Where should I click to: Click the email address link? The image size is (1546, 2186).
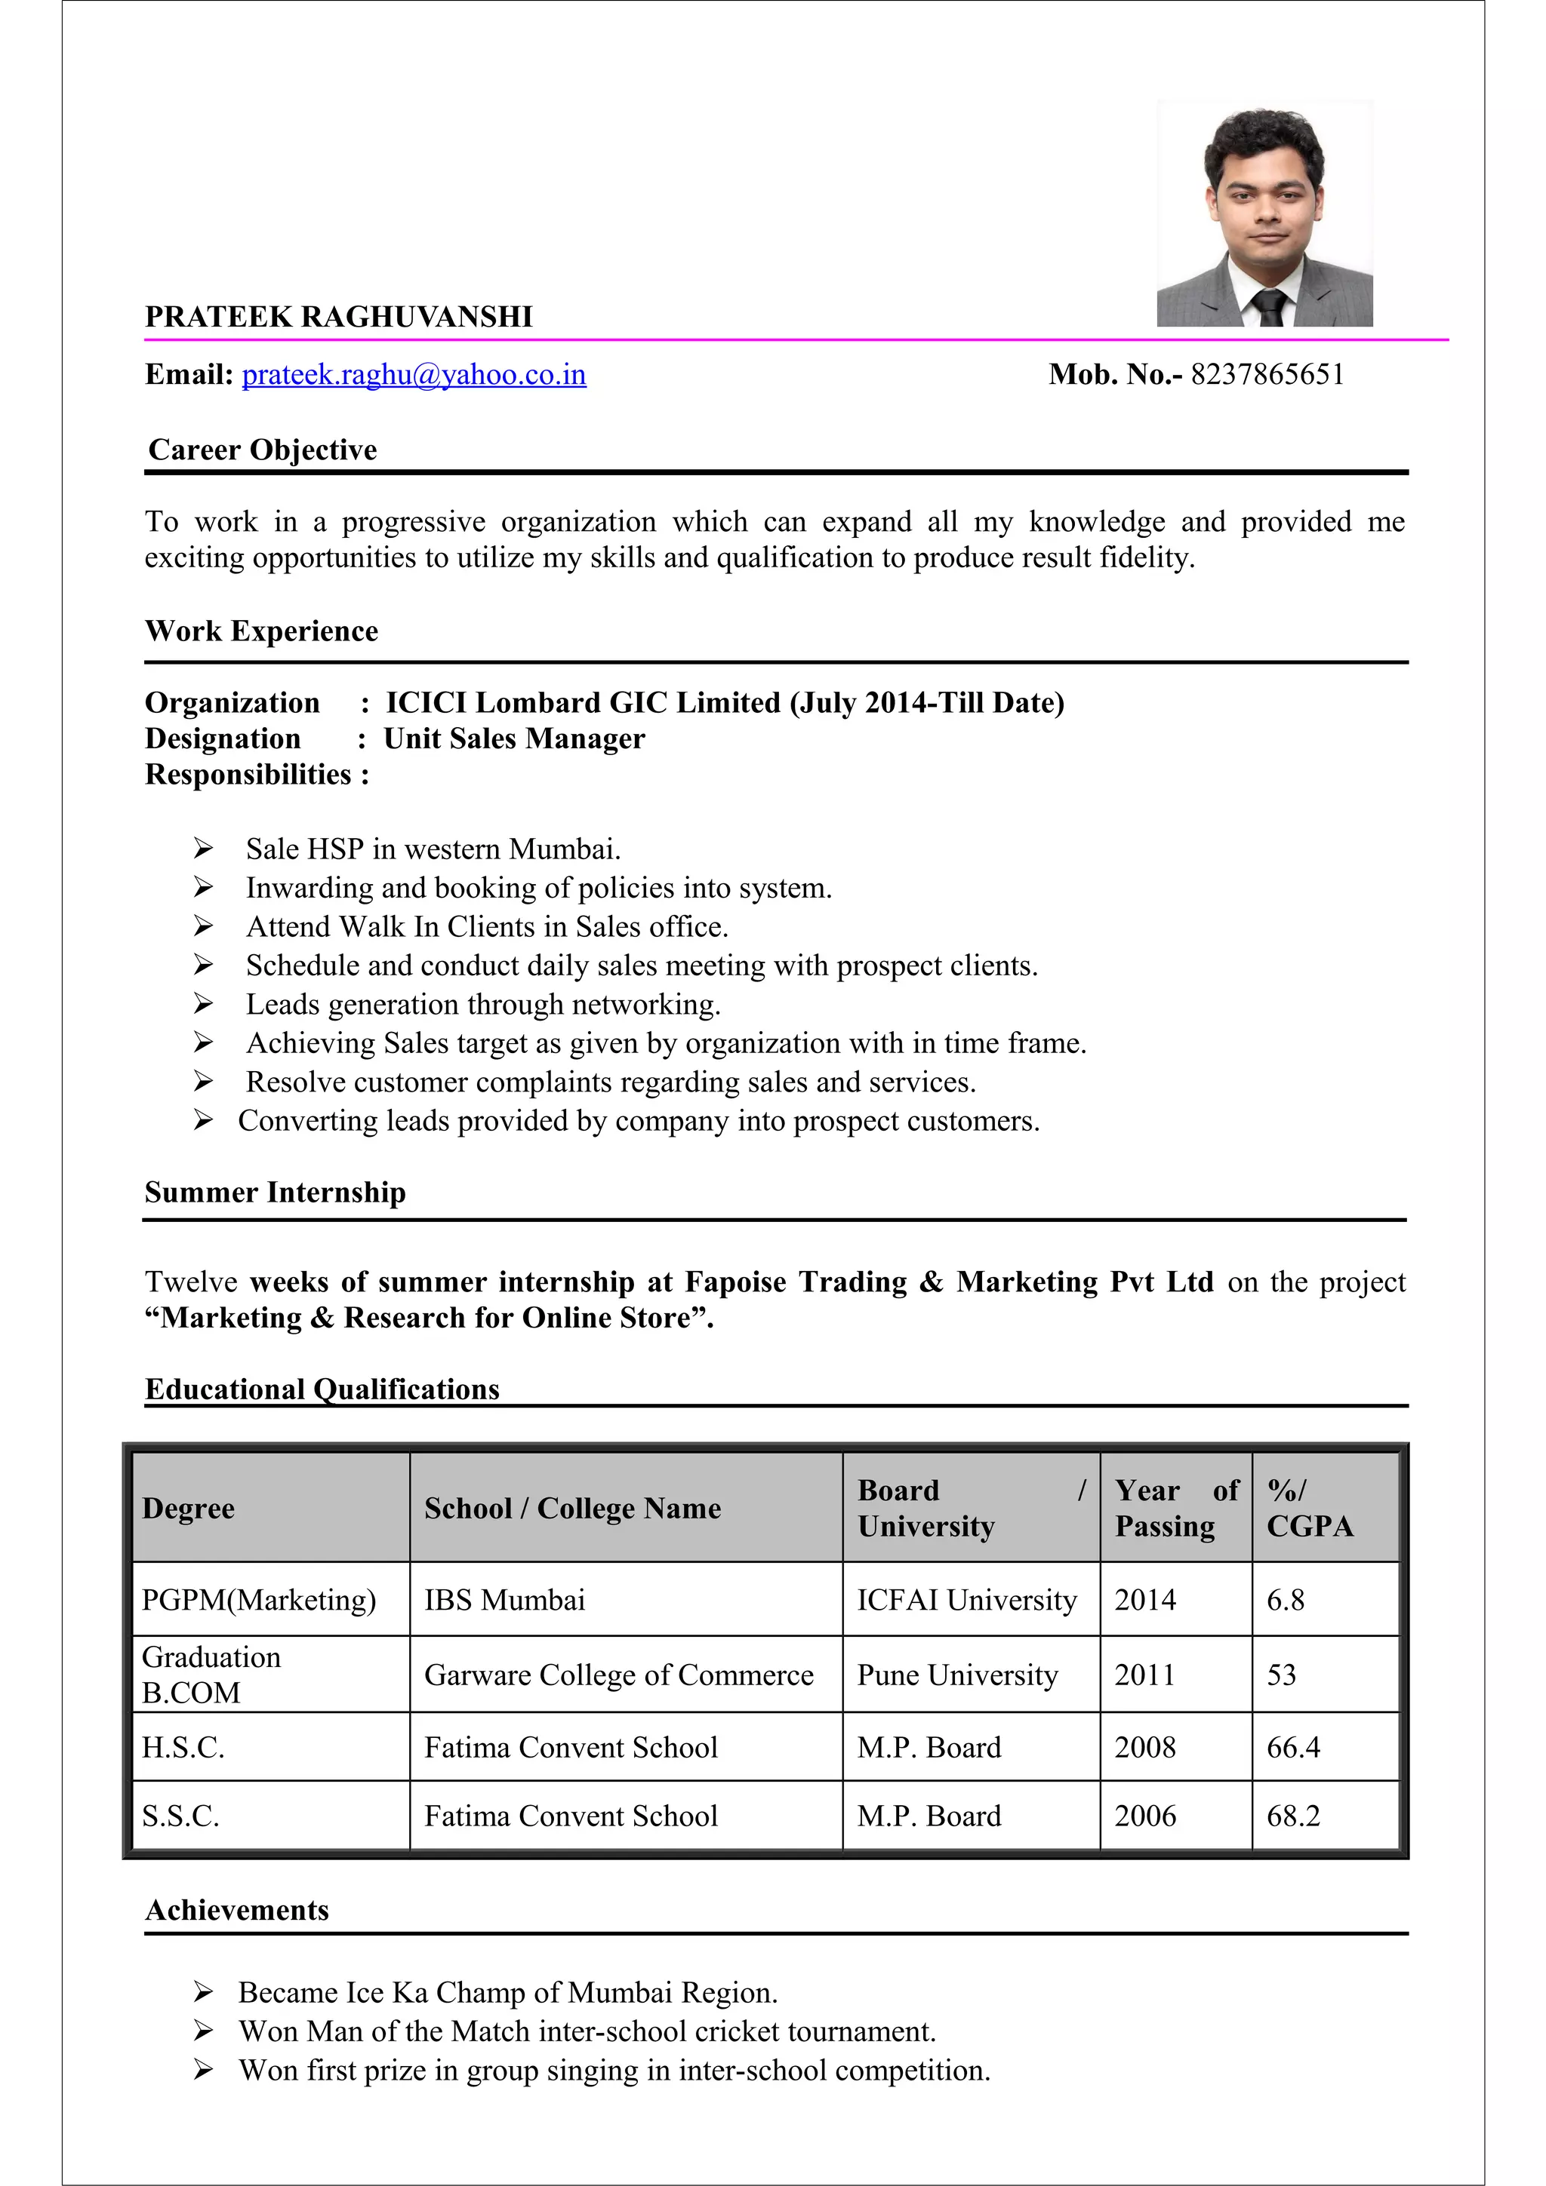(x=414, y=375)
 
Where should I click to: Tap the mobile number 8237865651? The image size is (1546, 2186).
(x=1267, y=375)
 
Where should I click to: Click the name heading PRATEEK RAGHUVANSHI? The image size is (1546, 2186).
(x=338, y=317)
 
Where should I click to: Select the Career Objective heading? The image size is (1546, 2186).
(x=262, y=450)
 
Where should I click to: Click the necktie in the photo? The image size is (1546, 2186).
(x=1270, y=309)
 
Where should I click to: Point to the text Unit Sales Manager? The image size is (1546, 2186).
(x=513, y=738)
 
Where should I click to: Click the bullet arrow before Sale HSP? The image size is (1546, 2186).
(x=203, y=847)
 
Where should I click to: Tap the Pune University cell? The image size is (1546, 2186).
(x=956, y=1675)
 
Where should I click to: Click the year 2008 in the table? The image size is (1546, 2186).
(x=1145, y=1747)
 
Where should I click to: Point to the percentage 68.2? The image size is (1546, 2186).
(x=1292, y=1816)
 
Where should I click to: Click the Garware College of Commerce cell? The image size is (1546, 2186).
(x=618, y=1675)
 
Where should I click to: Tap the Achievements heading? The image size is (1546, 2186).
(x=236, y=1910)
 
